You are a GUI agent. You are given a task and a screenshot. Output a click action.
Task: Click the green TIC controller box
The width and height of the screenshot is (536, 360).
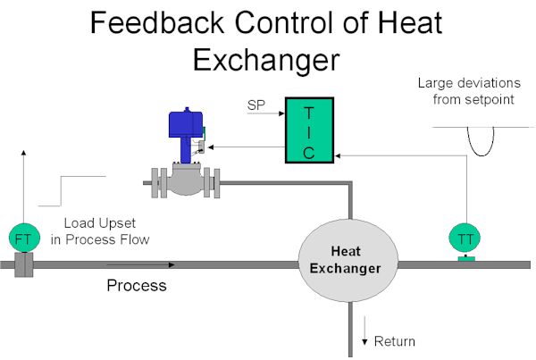point(309,130)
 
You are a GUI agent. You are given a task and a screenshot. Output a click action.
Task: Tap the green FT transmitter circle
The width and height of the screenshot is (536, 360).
point(24,238)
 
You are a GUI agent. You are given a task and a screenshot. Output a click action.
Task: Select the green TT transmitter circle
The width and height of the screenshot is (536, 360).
point(465,239)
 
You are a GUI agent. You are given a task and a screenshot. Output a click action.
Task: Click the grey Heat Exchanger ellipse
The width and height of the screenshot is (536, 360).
point(348,261)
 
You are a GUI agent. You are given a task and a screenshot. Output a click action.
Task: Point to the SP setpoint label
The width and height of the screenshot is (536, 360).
point(256,105)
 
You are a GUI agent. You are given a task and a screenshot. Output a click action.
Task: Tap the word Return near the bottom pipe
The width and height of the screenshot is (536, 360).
point(395,341)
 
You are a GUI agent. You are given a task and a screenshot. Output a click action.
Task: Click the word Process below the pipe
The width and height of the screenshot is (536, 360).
point(137,286)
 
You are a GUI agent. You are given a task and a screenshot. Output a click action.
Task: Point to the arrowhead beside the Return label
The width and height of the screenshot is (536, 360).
point(364,342)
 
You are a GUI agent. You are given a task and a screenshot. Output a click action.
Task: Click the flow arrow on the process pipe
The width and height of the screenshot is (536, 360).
point(141,264)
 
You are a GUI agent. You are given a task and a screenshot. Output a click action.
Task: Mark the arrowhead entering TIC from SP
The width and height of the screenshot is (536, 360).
point(281,113)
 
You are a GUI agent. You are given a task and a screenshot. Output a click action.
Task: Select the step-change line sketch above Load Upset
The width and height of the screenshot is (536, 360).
point(61,191)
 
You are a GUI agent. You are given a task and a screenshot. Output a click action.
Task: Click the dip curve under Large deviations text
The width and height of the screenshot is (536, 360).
point(481,155)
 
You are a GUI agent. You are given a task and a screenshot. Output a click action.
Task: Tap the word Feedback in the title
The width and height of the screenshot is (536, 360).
point(157,22)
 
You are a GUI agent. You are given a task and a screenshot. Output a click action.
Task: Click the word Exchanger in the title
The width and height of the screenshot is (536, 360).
point(266,60)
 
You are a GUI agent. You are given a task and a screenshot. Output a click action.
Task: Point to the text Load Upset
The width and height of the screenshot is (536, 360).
point(100,223)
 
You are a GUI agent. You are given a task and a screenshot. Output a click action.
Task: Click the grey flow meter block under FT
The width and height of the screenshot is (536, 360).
point(24,264)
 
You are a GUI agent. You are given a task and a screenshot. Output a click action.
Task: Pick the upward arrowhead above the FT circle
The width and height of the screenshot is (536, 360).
point(23,153)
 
